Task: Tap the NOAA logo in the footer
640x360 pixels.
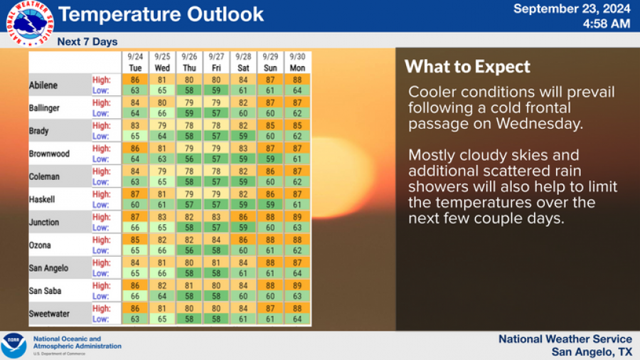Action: pos(14,345)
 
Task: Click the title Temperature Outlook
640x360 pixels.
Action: pos(161,14)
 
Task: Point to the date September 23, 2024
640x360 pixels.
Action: pos(572,9)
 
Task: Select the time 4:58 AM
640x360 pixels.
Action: pos(606,23)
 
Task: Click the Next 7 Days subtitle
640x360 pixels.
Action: pos(87,42)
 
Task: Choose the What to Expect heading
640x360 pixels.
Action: pos(467,67)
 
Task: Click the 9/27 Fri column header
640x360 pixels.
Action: pos(216,62)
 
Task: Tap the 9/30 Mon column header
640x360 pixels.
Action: pos(297,62)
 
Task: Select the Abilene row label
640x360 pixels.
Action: pos(43,85)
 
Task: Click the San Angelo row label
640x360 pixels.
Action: pos(49,268)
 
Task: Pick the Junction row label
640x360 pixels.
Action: pos(44,222)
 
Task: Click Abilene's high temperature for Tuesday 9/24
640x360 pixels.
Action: pos(135,80)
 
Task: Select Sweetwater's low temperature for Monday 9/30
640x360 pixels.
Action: pos(297,319)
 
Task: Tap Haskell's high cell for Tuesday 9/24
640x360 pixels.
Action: pos(135,194)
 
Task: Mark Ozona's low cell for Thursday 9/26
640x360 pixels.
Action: pos(189,250)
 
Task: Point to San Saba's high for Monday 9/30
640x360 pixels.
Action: pos(297,285)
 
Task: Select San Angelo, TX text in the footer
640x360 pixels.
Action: pos(592,352)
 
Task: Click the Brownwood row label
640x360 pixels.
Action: pos(49,154)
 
